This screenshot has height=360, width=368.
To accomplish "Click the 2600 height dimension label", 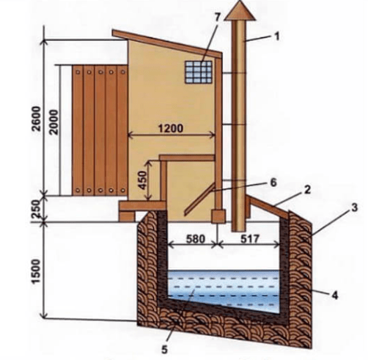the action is pyautogui.click(x=37, y=119).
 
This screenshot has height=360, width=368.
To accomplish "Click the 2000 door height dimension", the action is pyautogui.click(x=54, y=122).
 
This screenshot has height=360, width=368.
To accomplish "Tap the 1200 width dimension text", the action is pyautogui.click(x=171, y=128).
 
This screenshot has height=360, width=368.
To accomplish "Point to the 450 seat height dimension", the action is pyautogui.click(x=142, y=180).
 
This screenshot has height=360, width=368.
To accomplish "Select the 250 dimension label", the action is pyautogui.click(x=36, y=209).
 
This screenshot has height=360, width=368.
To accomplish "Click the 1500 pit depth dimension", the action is pyautogui.click(x=36, y=271).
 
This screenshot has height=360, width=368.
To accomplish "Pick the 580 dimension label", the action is pyautogui.click(x=196, y=239).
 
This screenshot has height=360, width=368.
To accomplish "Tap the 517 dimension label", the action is pyautogui.click(x=249, y=239).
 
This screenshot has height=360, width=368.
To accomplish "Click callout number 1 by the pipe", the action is pyautogui.click(x=276, y=37).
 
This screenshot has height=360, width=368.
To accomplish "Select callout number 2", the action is pyautogui.click(x=307, y=189).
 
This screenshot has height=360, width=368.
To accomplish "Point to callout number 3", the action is pyautogui.click(x=354, y=207).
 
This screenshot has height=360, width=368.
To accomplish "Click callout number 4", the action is pyautogui.click(x=334, y=295).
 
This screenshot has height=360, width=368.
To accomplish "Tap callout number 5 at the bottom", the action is pyautogui.click(x=165, y=350).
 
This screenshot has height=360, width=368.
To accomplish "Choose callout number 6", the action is pyautogui.click(x=273, y=183).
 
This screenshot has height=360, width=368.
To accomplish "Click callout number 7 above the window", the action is pyautogui.click(x=217, y=17).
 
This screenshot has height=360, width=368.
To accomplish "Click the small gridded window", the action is pyautogui.click(x=199, y=72).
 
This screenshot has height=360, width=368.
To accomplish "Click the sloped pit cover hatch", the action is pyautogui.click(x=268, y=207).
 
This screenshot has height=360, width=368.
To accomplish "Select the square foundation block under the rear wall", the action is pyautogui.click(x=218, y=216).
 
